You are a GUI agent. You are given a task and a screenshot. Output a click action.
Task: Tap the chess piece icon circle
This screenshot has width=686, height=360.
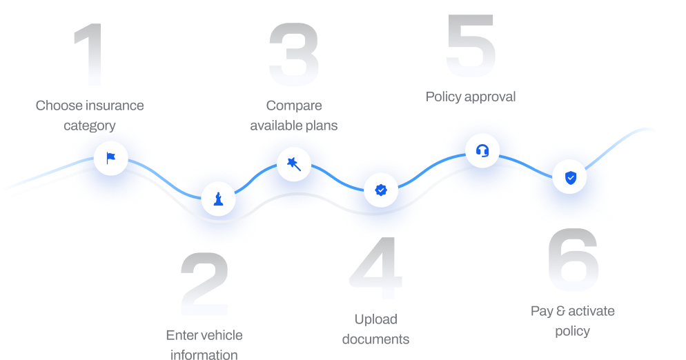pyautogui.click(x=218, y=199)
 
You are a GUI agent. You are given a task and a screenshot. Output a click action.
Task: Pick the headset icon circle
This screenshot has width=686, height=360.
pyautogui.click(x=482, y=150)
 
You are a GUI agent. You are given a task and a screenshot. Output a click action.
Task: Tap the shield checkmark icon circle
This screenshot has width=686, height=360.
pyautogui.click(x=570, y=177)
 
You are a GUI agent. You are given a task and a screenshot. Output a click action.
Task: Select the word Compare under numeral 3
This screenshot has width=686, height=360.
pyautogui.click(x=294, y=106)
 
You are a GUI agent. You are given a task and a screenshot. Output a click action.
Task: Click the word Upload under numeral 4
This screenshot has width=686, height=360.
pyautogui.click(x=376, y=319)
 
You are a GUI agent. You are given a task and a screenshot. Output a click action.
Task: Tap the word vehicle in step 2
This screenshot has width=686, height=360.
pyautogui.click(x=221, y=335)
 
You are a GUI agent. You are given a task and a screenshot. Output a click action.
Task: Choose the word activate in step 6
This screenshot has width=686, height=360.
pyautogui.click(x=591, y=311)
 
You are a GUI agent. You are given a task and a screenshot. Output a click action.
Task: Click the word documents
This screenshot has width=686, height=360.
pyautogui.click(x=376, y=339)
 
